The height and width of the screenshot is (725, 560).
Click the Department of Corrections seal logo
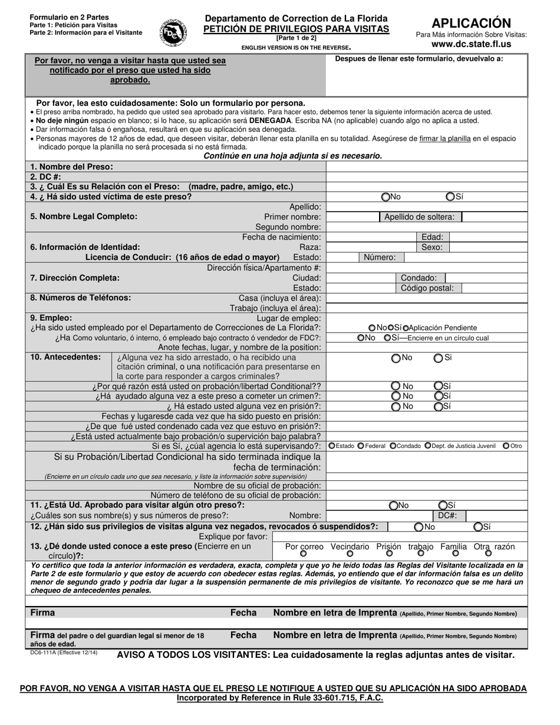[x=173, y=32]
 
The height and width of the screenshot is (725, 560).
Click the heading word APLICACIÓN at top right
[x=471, y=23]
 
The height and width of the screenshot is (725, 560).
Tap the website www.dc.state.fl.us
[x=471, y=44]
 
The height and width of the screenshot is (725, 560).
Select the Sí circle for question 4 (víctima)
[x=450, y=197]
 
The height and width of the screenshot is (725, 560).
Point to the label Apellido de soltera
[x=419, y=217]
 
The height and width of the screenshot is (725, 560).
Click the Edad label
[x=432, y=237]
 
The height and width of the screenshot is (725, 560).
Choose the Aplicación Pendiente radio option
[x=406, y=328]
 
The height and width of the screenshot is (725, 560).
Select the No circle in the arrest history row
[x=396, y=358]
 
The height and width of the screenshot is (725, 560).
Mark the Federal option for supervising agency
[x=361, y=446]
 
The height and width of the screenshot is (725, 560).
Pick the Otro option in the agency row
[x=506, y=446]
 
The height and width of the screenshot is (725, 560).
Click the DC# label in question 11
[x=447, y=515]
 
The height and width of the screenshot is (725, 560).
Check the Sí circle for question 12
[x=479, y=527]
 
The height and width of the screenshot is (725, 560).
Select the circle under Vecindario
[x=350, y=553]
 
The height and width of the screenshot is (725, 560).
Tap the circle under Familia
[x=455, y=553]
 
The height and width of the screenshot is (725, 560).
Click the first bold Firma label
[x=42, y=613]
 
